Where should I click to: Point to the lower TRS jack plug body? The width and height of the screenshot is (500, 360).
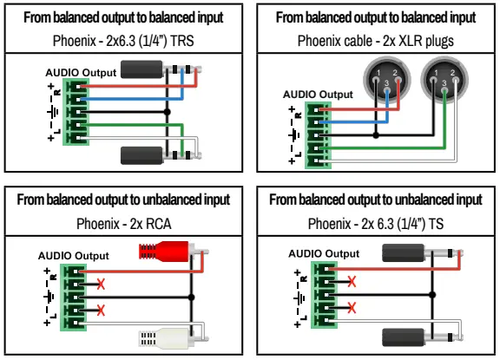tap(148, 155)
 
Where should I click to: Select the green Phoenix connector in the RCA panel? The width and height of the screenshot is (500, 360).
tap(71, 297)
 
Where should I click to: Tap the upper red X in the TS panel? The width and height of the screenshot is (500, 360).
tap(351, 281)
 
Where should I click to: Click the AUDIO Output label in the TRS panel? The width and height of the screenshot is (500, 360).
tap(80, 74)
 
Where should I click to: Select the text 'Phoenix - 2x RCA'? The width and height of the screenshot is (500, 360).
tap(125, 224)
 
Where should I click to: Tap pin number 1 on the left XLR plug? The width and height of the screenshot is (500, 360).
tap(375, 74)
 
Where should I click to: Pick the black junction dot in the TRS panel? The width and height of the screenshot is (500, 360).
tap(168, 112)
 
